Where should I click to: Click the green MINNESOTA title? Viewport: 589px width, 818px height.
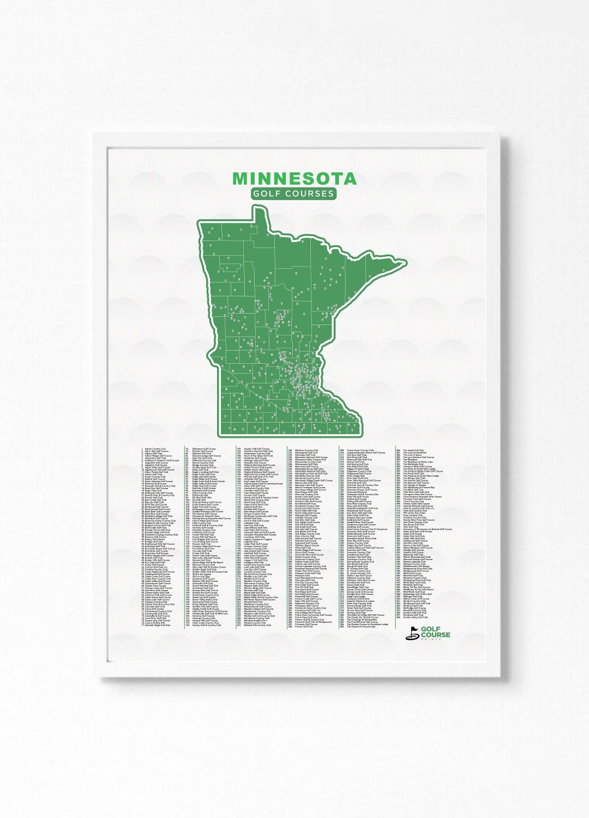tap(294, 178)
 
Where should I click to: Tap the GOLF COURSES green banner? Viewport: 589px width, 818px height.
tap(294, 194)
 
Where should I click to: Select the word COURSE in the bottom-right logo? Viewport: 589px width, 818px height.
tap(437, 635)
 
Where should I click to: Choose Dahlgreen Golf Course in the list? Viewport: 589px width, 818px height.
tap(204, 449)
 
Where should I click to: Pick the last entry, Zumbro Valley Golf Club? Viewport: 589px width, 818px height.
tap(415, 617)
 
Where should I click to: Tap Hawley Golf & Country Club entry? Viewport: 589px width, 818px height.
tap(207, 625)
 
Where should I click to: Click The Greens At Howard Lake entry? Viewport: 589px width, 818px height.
tap(359, 627)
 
